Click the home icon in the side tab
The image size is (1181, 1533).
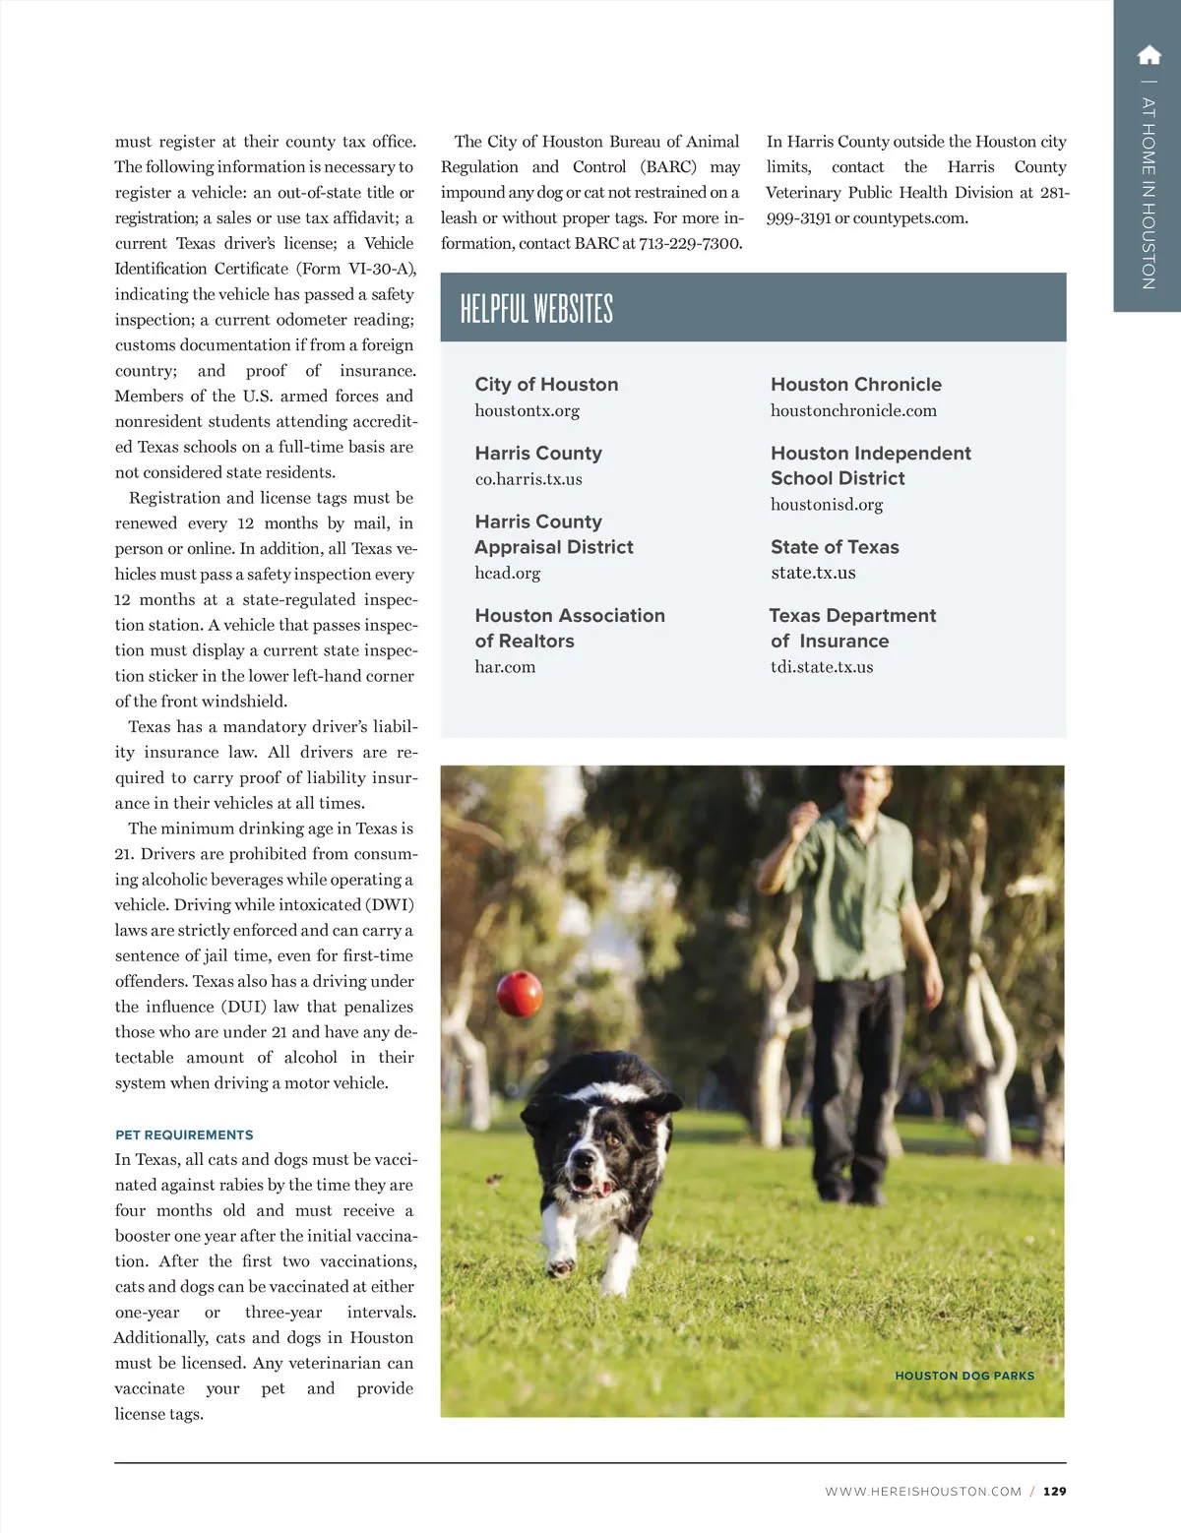click(x=1149, y=55)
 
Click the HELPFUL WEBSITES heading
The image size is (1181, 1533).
click(x=536, y=309)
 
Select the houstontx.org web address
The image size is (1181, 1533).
click(x=527, y=410)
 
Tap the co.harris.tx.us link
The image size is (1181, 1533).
click(x=528, y=479)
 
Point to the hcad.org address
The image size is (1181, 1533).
click(x=507, y=573)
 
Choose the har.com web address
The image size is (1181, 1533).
click(x=505, y=667)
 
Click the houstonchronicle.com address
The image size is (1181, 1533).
click(x=853, y=410)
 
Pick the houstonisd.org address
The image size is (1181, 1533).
click(x=827, y=505)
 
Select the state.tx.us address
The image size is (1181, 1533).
click(x=813, y=573)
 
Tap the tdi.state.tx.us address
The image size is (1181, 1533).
click(x=822, y=667)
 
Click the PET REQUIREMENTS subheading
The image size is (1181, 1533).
click(x=184, y=1134)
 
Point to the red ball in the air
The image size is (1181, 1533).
click(x=519, y=993)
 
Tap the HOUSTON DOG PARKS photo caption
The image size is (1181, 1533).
click(x=964, y=1376)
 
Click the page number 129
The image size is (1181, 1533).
click(x=1054, y=1491)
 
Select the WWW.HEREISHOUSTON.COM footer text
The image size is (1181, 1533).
click(x=923, y=1492)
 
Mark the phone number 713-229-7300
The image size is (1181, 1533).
click(x=690, y=243)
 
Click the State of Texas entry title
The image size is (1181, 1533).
click(x=835, y=547)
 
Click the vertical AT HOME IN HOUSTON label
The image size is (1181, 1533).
click(x=1149, y=192)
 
